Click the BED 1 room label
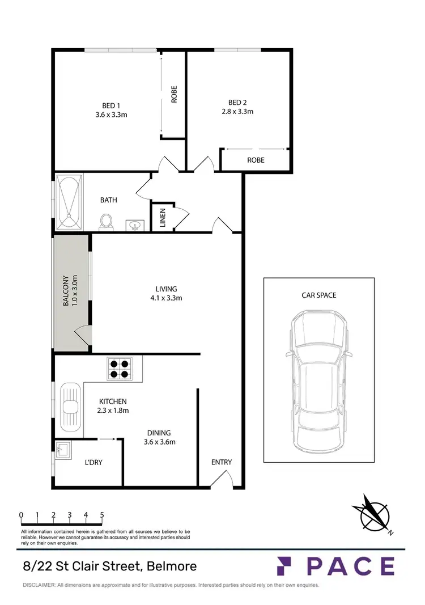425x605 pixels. click(x=111, y=105)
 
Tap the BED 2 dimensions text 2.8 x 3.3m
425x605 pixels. click(x=237, y=112)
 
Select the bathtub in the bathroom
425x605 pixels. click(x=70, y=202)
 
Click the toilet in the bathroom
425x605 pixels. click(x=105, y=222)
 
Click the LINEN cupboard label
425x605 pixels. click(x=162, y=217)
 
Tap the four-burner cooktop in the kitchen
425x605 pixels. click(x=120, y=369)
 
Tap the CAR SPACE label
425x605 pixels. click(x=319, y=295)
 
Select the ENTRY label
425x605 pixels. click(x=222, y=462)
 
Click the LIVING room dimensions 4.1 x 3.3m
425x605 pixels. click(x=166, y=298)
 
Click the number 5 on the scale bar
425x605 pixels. click(x=102, y=515)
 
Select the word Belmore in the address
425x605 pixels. click(x=172, y=566)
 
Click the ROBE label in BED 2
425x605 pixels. click(x=256, y=160)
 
